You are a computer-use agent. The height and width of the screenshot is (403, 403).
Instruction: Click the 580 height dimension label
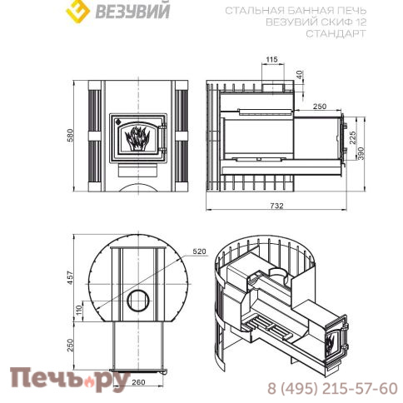pos(71,135)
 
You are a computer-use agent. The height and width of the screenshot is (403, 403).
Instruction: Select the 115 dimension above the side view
pos(271,60)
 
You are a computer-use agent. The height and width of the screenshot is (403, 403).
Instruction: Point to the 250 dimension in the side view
pos(318,107)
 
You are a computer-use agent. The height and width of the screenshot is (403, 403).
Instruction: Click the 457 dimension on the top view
pos(71,275)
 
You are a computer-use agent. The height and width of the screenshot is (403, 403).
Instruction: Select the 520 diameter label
pos(198,249)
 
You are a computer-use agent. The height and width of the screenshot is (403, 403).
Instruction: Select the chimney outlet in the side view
pos(271,86)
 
